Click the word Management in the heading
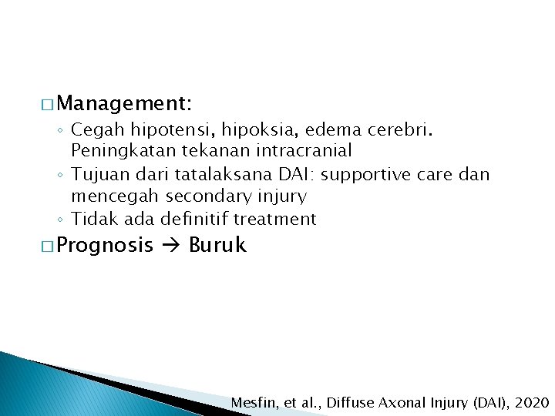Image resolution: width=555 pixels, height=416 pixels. point(123,102)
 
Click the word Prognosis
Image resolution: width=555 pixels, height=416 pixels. point(105,246)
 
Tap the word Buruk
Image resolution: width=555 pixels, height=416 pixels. point(217,246)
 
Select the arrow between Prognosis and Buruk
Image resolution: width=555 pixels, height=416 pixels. point(172,246)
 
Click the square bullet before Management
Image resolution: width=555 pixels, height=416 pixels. point(45,103)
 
